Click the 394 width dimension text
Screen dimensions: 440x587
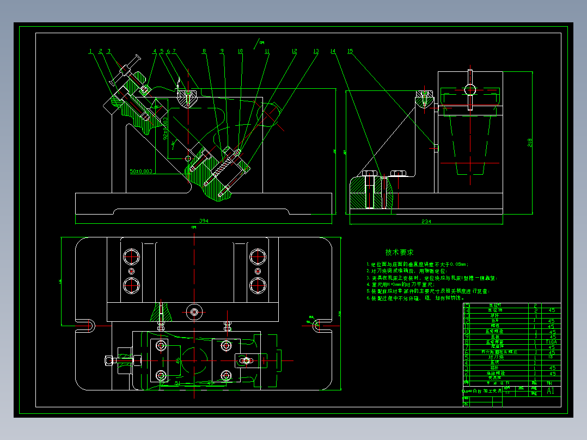click(204, 221)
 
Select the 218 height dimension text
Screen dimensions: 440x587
click(529, 143)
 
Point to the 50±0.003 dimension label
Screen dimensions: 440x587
click(141, 171)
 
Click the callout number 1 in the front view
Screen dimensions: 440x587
click(90, 51)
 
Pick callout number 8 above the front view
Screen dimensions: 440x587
click(204, 51)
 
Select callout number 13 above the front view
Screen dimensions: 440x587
click(315, 51)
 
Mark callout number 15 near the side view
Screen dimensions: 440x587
click(350, 51)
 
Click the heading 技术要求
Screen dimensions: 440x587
click(399, 252)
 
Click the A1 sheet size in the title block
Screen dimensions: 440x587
click(551, 390)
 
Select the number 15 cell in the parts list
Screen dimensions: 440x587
click(466, 305)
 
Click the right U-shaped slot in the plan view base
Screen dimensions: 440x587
click(317, 325)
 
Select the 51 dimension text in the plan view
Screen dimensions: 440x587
click(178, 383)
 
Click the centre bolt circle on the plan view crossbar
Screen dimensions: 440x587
click(194, 312)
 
